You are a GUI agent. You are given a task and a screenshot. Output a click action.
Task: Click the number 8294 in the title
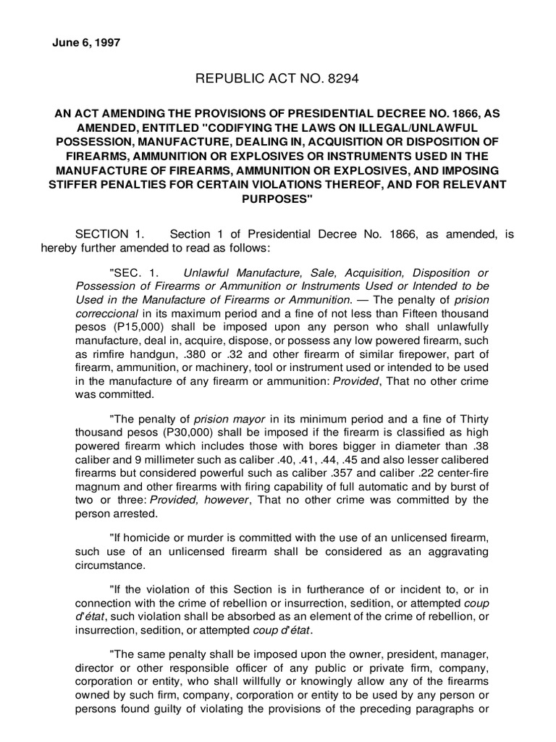(x=346, y=78)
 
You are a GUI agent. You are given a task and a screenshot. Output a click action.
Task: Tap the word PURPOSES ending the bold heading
(x=278, y=201)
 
